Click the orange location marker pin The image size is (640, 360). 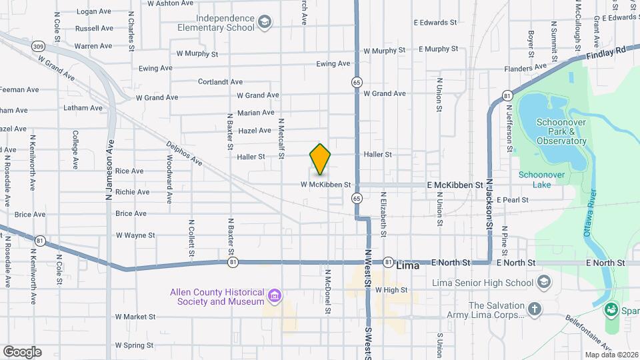coord(320,159)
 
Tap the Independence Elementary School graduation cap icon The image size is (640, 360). coord(265,23)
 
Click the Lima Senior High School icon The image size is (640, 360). coord(543,282)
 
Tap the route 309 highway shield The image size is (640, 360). coord(38,47)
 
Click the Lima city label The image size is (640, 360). coord(408,265)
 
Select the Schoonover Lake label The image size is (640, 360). coord(535,179)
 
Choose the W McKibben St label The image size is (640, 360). coord(325,184)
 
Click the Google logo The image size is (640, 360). coord(22,352)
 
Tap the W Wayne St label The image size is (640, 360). coord(135,235)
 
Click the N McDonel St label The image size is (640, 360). coord(328,291)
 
